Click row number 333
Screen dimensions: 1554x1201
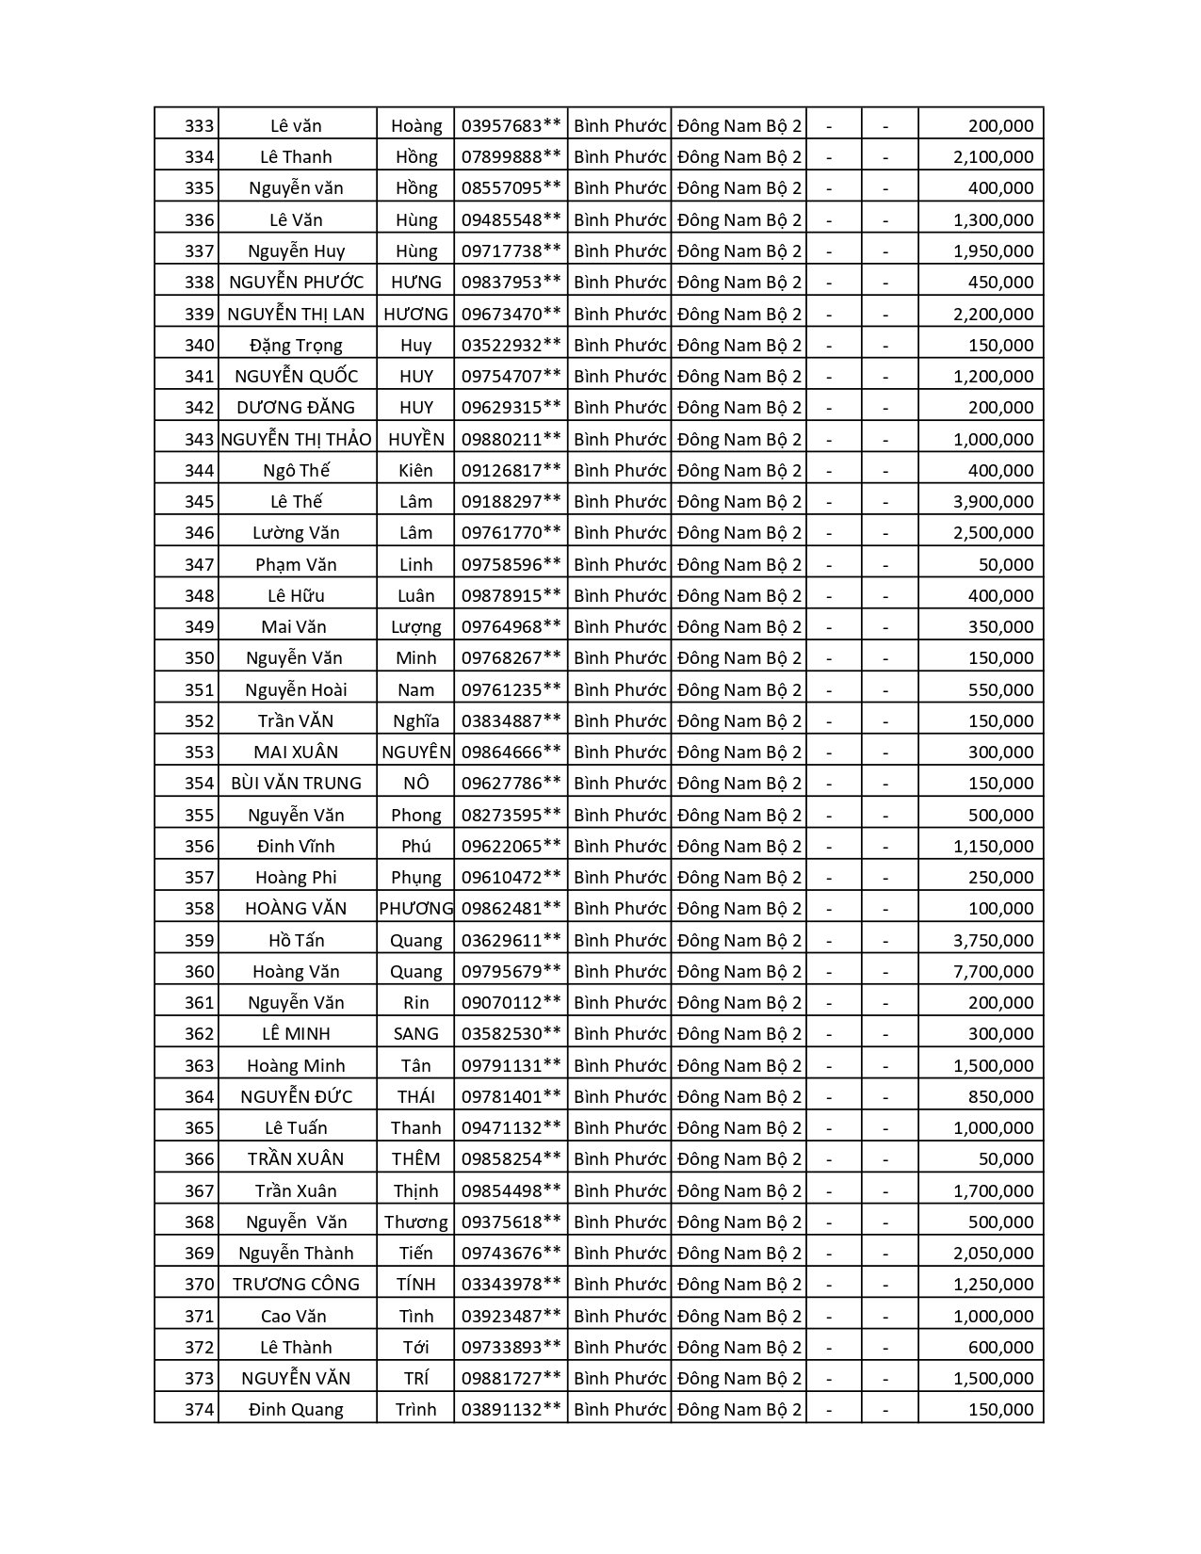[x=199, y=126]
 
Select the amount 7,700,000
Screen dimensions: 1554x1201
[x=993, y=972]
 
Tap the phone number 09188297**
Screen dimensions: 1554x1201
[x=511, y=502]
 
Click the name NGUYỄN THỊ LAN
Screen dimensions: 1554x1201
[x=296, y=315]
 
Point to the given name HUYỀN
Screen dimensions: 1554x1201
[x=415, y=440]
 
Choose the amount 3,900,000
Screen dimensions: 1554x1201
[x=993, y=502]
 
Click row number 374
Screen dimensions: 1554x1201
[x=199, y=1410]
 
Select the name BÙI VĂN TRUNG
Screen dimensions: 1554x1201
[x=296, y=784]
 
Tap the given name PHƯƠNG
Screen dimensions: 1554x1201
[x=415, y=909]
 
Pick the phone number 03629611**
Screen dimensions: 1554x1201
[x=511, y=941]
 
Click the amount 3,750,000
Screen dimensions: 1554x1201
[x=993, y=941]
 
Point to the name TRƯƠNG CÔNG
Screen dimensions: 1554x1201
[x=296, y=1285]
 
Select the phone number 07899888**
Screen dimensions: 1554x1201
[x=511, y=157]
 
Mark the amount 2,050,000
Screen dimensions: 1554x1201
[x=993, y=1254]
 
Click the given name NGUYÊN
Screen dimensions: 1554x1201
[x=415, y=753]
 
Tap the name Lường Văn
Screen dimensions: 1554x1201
[x=296, y=533]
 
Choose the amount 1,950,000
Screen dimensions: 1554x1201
[x=993, y=251]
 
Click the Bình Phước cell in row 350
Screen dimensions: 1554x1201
[x=619, y=658]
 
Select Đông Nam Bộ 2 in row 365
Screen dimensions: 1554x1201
[x=738, y=1128]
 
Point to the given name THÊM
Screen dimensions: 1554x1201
[x=415, y=1159]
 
